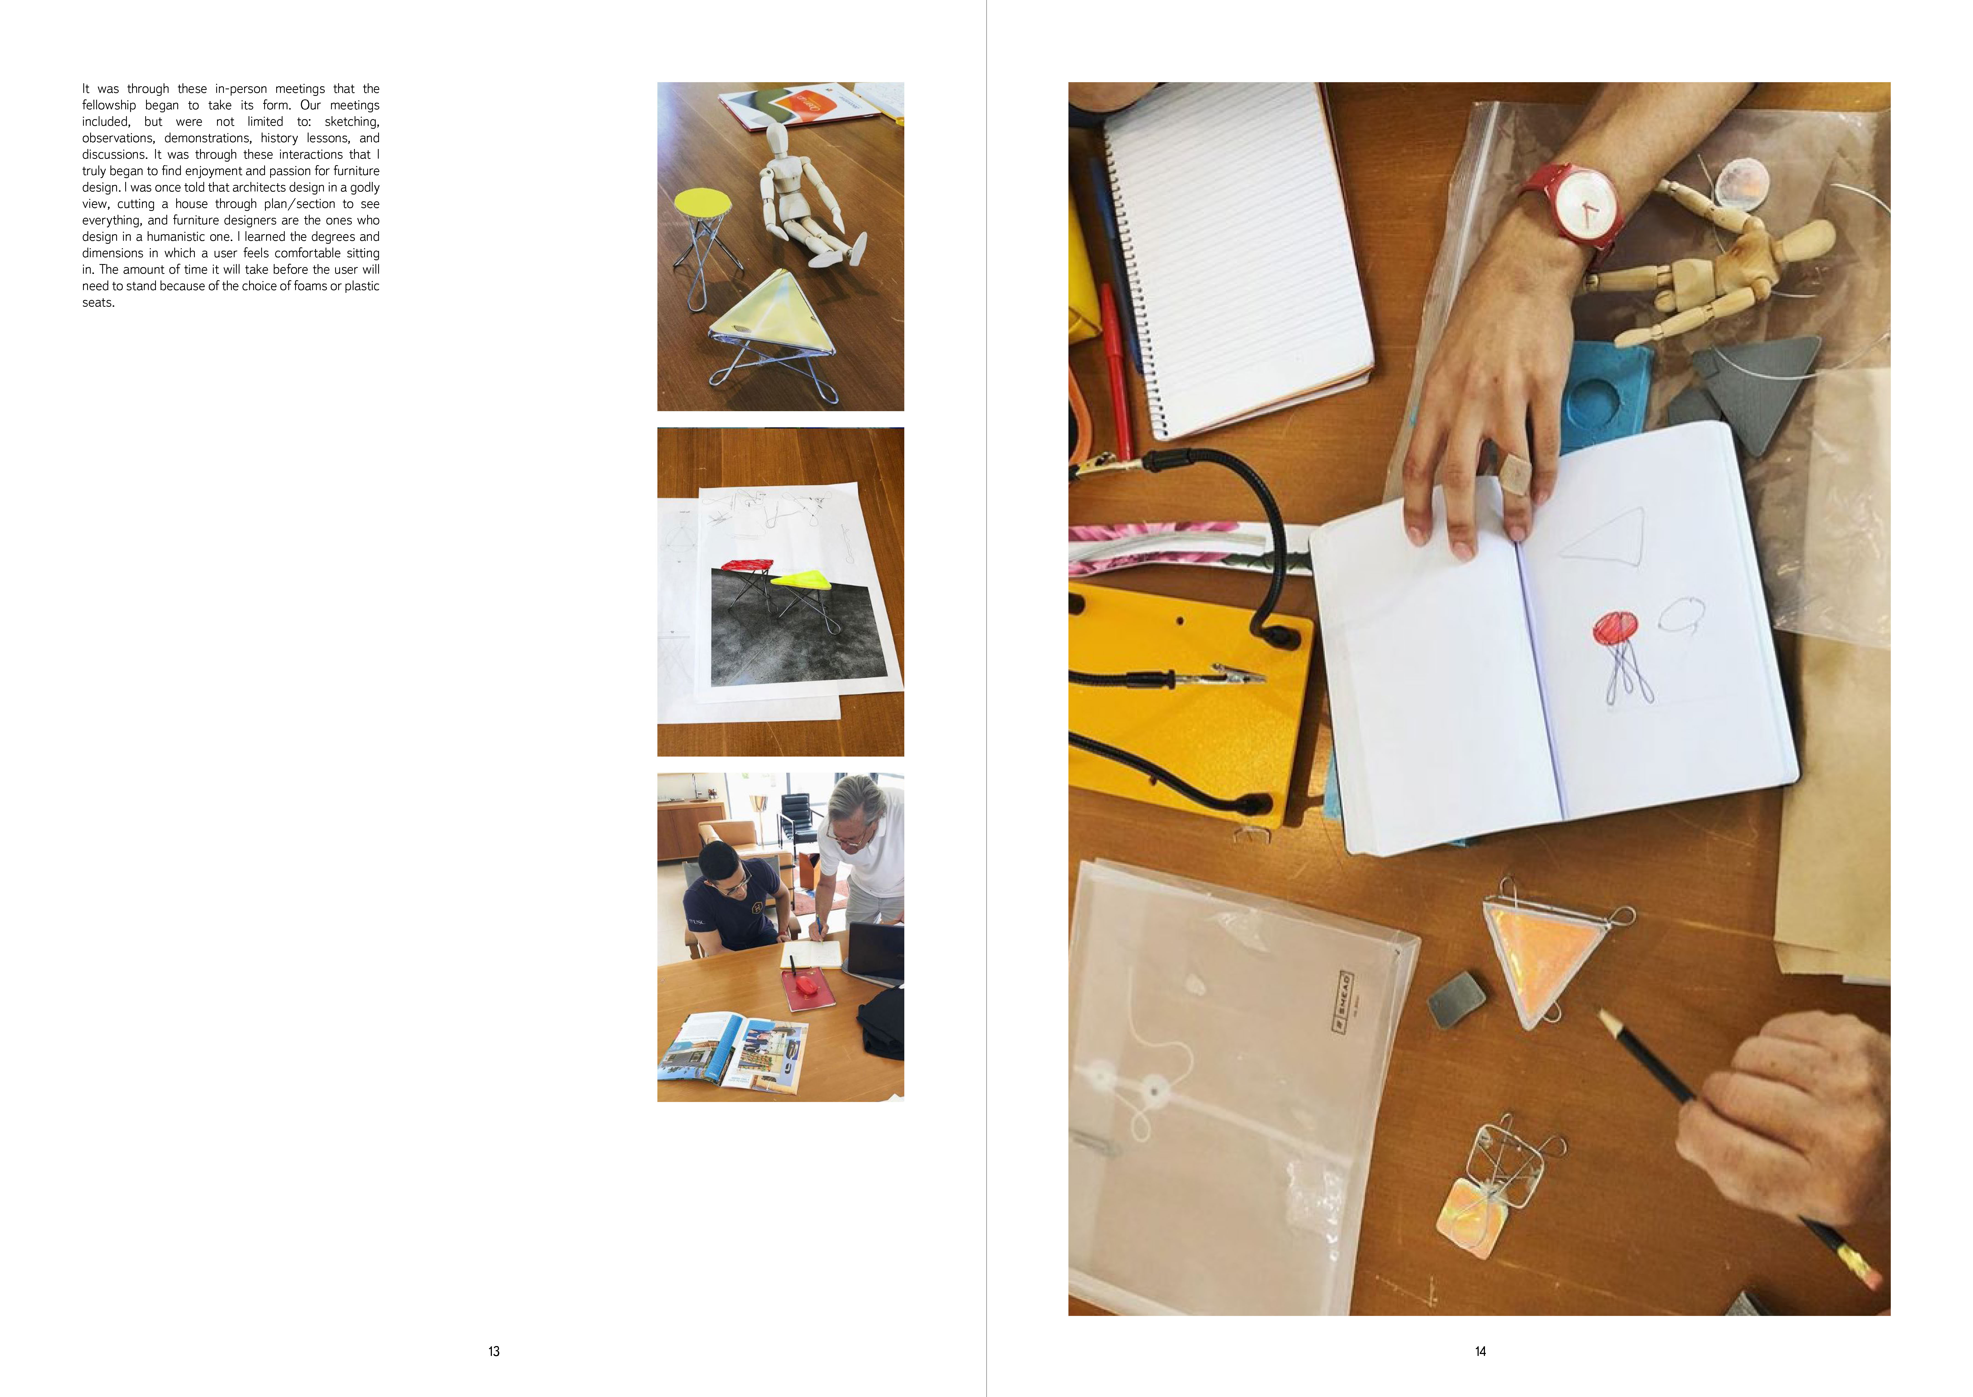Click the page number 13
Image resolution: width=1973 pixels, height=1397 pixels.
coord(494,1352)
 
